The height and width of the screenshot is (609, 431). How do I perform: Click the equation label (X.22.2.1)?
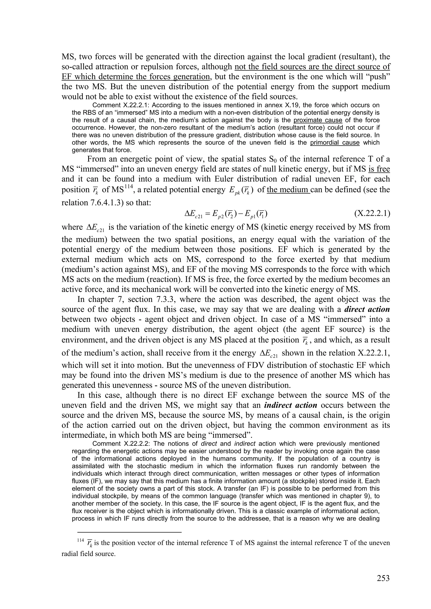(x=372, y=213)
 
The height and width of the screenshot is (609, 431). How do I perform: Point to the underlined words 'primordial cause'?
(x=335, y=143)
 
